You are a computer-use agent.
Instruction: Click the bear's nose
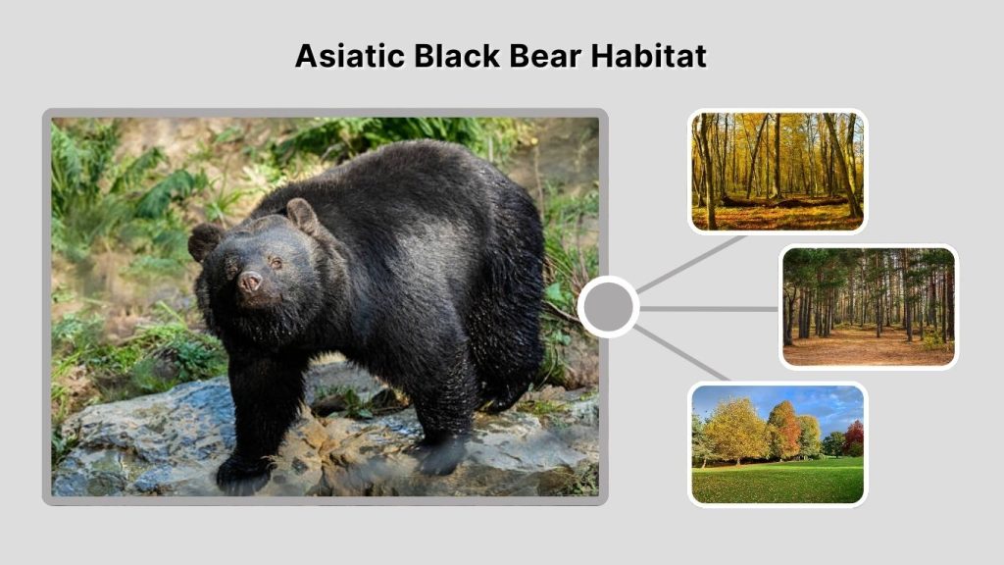250,282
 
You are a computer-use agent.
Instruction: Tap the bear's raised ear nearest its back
301,215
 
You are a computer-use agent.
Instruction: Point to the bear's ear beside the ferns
205,240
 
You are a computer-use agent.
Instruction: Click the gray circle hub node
608,307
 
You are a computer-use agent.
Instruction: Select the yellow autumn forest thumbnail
778,171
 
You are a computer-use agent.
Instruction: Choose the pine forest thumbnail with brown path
868,306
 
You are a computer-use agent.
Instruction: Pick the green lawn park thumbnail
778,443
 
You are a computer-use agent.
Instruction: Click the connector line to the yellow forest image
691,263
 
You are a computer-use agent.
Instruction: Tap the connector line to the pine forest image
709,308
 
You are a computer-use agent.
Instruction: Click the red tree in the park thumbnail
854,434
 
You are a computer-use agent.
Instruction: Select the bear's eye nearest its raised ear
275,262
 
